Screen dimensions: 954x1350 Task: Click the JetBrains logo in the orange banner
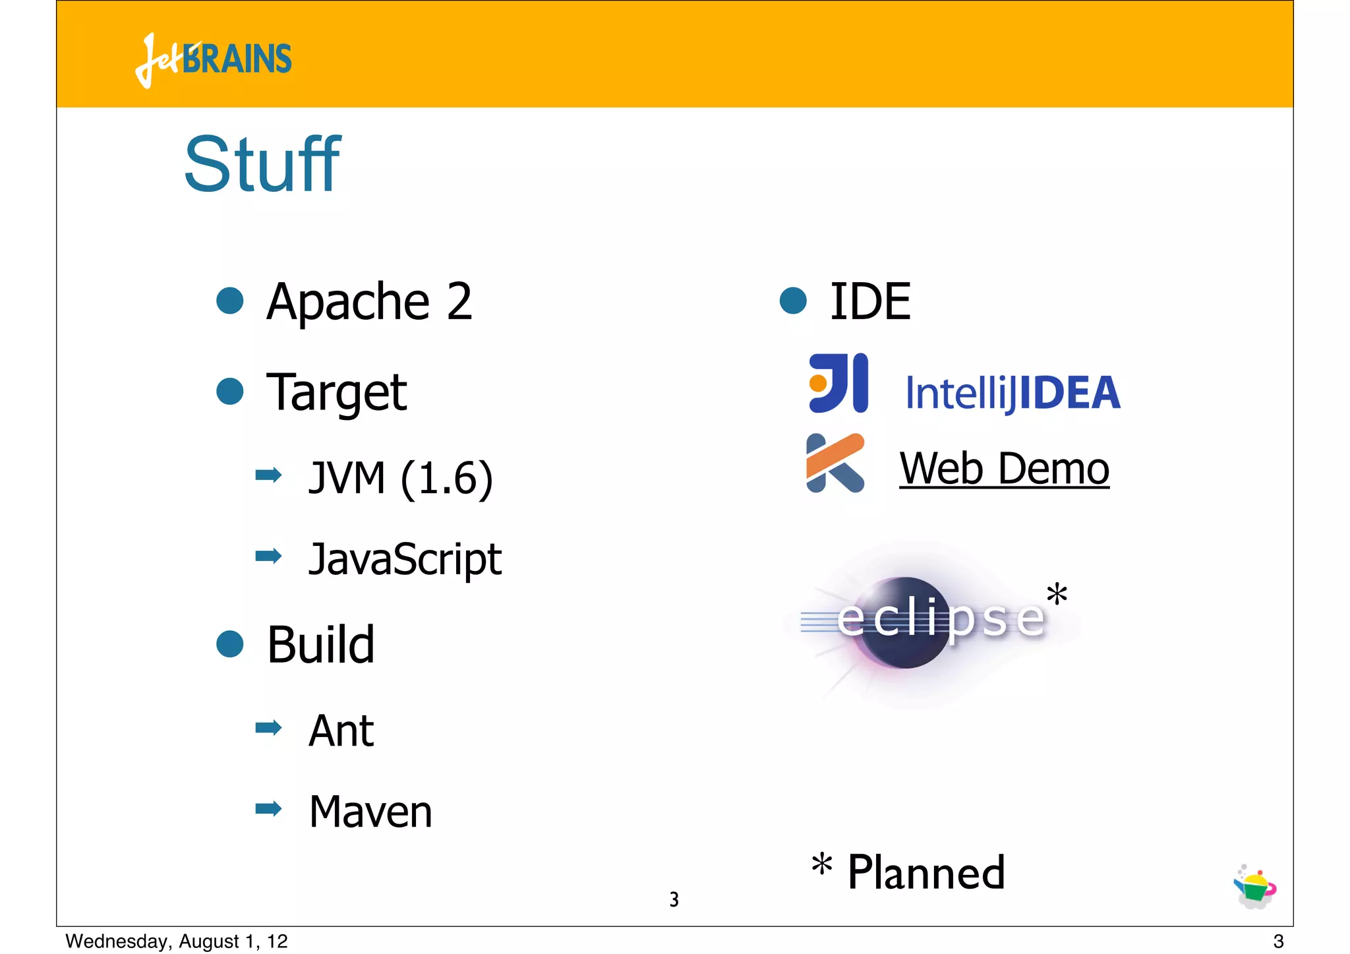click(213, 59)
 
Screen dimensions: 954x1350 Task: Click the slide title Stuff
click(262, 164)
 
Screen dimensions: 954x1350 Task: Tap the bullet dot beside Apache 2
click(230, 301)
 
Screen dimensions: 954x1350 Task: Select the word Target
click(336, 392)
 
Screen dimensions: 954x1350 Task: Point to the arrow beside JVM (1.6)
click(268, 475)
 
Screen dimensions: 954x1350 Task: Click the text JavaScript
click(405, 559)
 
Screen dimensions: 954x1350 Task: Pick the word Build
click(321, 644)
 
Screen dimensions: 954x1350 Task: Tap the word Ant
click(341, 730)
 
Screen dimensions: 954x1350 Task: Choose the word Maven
click(370, 812)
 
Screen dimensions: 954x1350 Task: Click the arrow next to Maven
click(268, 808)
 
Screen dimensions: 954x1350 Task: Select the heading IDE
click(870, 301)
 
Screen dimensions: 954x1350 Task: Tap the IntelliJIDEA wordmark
click(1012, 393)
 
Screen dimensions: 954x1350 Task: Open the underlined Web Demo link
click(1004, 469)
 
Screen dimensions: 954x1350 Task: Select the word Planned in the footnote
click(926, 872)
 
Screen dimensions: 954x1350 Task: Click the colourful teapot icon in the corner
click(1254, 887)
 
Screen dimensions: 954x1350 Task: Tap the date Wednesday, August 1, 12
click(177, 941)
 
